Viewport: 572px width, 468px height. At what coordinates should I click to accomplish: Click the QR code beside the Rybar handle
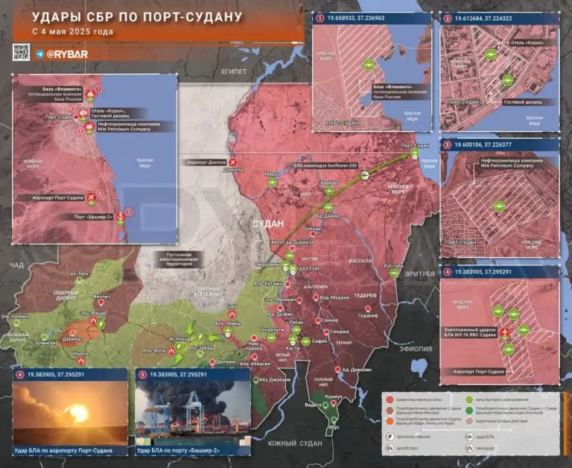pyautogui.click(x=21, y=53)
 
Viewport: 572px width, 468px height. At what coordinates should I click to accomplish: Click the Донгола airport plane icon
pyautogui.click(x=234, y=162)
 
